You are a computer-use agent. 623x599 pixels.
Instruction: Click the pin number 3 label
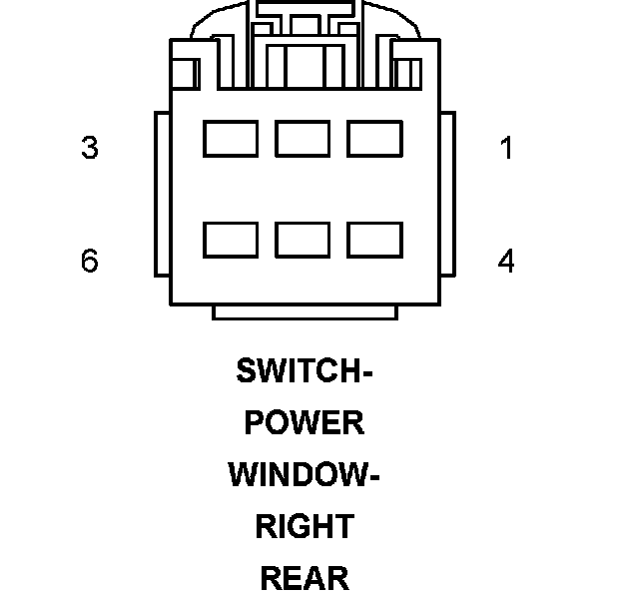[90, 149]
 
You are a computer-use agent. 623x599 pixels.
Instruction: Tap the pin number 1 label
[506, 149]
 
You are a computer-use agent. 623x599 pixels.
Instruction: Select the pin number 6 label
[90, 262]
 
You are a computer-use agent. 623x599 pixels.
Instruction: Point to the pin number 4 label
[506, 262]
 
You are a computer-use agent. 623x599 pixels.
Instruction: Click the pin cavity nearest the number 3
[231, 139]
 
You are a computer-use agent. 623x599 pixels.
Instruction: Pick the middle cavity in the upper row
[303, 139]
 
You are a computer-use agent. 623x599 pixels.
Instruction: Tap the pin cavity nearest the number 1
[374, 139]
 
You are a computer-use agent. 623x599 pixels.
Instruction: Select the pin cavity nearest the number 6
[231, 240]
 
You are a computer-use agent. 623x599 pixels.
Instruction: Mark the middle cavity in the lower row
[303, 240]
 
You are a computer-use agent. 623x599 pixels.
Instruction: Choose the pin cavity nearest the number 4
[374, 240]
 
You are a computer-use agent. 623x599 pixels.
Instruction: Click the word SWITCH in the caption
[297, 370]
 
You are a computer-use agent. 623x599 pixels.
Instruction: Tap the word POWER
[305, 422]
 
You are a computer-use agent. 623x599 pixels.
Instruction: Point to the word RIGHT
[305, 526]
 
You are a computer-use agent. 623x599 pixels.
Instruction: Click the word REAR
[305, 578]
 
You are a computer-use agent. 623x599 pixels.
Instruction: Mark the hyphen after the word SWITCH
[365, 372]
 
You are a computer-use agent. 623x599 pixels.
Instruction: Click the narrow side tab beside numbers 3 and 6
[162, 194]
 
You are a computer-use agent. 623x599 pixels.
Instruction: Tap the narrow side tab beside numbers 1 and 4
[447, 194]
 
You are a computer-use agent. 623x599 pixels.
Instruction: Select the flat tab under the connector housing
[305, 312]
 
